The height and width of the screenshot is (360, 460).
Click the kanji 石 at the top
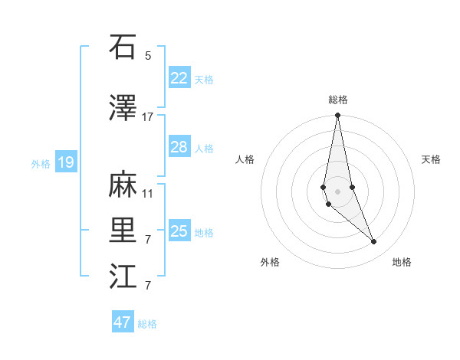pos(123,47)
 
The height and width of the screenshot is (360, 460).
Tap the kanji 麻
pos(123,184)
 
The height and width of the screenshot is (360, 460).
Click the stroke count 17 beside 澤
pos(148,117)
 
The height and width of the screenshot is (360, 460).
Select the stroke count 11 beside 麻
pos(148,193)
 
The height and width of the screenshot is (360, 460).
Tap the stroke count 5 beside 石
pos(148,56)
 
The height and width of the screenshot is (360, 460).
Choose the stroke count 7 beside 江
pos(148,286)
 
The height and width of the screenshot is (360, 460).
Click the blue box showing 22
pos(179,77)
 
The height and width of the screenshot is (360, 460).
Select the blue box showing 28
pos(179,147)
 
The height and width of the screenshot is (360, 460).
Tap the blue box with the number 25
pos(179,231)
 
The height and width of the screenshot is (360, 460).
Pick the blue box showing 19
pos(65,162)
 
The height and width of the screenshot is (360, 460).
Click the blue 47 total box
pos(122,322)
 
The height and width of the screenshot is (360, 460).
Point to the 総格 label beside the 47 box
pos(147,324)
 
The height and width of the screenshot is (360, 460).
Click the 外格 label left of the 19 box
pos(41,163)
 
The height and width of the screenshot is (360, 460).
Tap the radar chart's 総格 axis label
pos(338,100)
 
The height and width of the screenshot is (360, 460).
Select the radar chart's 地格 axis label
pos(402,263)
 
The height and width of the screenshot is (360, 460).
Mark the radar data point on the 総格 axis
pos(337,116)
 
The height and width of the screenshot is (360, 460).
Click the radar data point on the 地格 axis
pos(374,242)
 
